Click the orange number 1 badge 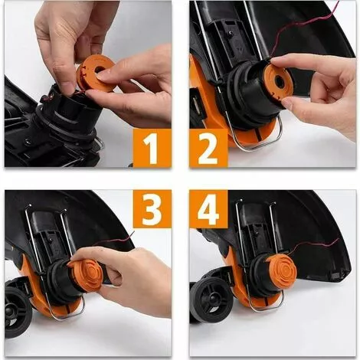tap(152, 149)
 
